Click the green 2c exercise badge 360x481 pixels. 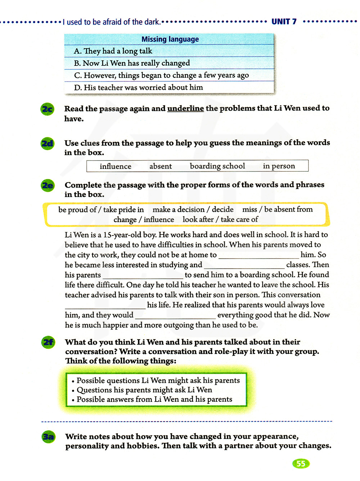tap(47, 109)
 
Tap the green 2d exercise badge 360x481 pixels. tap(47, 144)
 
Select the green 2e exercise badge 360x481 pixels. tap(48, 185)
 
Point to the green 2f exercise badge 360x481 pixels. tap(48, 342)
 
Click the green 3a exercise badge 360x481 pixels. tap(48, 437)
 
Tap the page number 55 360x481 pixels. tap(301, 463)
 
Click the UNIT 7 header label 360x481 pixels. tap(284, 22)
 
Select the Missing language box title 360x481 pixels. tap(170, 39)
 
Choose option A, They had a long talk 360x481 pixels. tap(113, 51)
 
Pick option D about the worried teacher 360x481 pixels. tap(139, 87)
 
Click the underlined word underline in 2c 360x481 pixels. tap(185, 108)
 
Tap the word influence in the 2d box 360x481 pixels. tap(116, 166)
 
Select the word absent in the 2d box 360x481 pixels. tap(161, 166)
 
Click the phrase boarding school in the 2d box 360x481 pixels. tap(217, 166)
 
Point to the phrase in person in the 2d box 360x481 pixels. tap(279, 166)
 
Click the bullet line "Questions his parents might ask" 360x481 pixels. tap(144, 390)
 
